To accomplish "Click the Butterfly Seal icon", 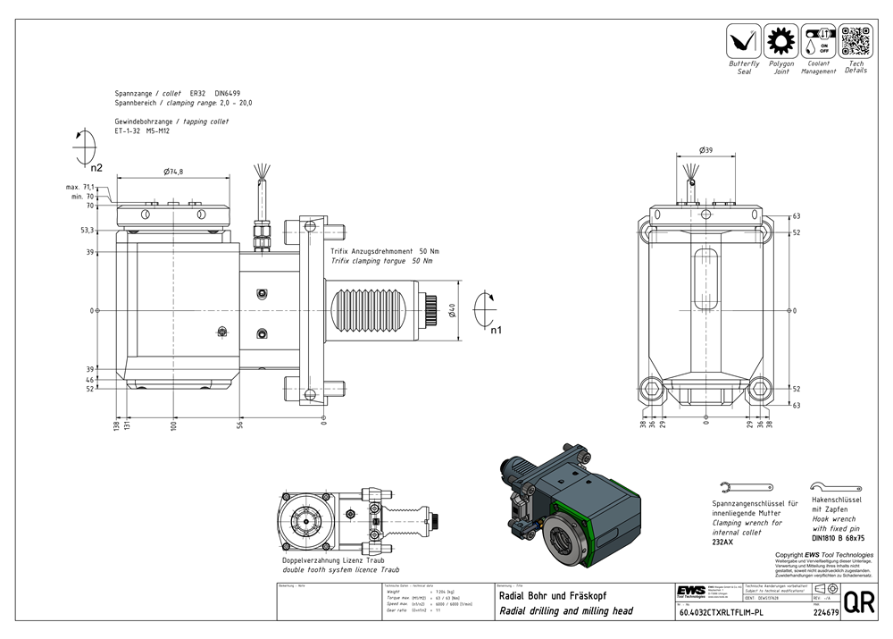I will coord(743,40).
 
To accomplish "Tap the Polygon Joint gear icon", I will coord(781,41).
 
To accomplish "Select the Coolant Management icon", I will coord(818,41).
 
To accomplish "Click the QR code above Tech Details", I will coord(855,41).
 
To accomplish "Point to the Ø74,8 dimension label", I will coord(174,172).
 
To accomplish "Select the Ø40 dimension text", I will coord(453,311).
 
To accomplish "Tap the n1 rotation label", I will coord(496,330).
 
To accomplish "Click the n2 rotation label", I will coord(96,167).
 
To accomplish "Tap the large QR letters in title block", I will coord(859,603).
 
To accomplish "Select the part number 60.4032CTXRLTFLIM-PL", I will coord(722,613).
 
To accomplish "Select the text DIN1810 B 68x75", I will coord(838,538).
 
